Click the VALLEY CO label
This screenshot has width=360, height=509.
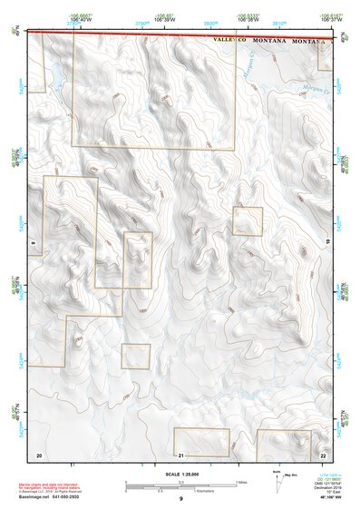(x=229, y=42)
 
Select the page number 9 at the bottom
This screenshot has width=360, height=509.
(x=181, y=499)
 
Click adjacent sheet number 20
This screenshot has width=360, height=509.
(x=39, y=454)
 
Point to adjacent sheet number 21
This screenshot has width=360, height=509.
(x=181, y=454)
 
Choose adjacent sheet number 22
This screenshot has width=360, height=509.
(x=324, y=454)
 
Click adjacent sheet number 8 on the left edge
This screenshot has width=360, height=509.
(x=33, y=243)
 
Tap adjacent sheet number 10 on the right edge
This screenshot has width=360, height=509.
(x=328, y=240)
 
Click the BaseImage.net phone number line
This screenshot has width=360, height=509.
(x=54, y=496)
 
